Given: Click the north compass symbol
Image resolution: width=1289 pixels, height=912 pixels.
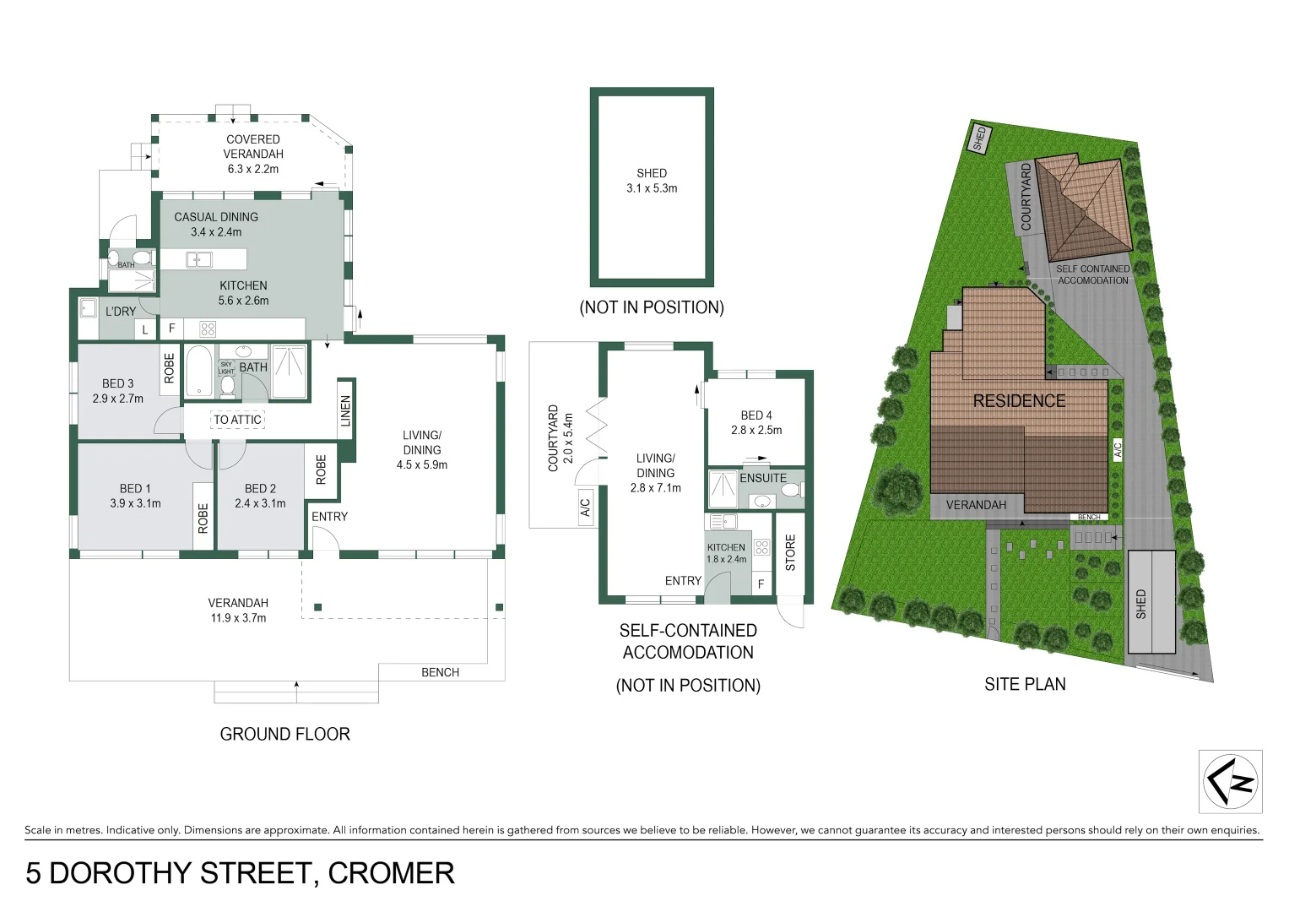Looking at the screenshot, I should tap(1231, 781).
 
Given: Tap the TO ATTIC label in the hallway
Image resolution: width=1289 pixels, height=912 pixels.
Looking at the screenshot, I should tap(237, 420).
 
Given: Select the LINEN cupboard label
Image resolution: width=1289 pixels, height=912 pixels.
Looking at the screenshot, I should tap(345, 411).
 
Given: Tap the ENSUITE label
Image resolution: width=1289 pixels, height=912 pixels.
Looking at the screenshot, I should tap(762, 478).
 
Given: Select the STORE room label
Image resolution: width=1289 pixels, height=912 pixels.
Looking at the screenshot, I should tap(790, 552).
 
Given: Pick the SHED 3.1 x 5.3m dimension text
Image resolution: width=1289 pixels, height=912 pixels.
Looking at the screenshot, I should tap(652, 188).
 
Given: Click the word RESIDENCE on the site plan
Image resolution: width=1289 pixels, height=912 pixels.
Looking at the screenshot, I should tap(1019, 401).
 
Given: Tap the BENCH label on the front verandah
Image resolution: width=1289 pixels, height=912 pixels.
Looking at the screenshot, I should tap(440, 672).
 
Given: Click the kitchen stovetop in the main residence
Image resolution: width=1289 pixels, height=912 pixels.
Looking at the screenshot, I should tap(208, 328).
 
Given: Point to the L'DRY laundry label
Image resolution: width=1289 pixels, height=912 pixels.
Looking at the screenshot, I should tap(120, 312).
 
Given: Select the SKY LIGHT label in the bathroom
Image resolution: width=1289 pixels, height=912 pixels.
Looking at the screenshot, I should tap(226, 368).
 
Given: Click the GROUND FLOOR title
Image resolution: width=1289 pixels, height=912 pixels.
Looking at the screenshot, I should tap(284, 734).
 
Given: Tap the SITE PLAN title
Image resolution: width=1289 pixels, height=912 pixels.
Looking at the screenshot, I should tap(1025, 684).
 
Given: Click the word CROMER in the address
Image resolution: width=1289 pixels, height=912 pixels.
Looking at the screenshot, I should tap(391, 873).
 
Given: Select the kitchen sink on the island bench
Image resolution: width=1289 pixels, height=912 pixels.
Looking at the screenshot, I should tap(199, 259).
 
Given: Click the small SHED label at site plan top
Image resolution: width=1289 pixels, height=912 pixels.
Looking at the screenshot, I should tap(979, 138).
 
